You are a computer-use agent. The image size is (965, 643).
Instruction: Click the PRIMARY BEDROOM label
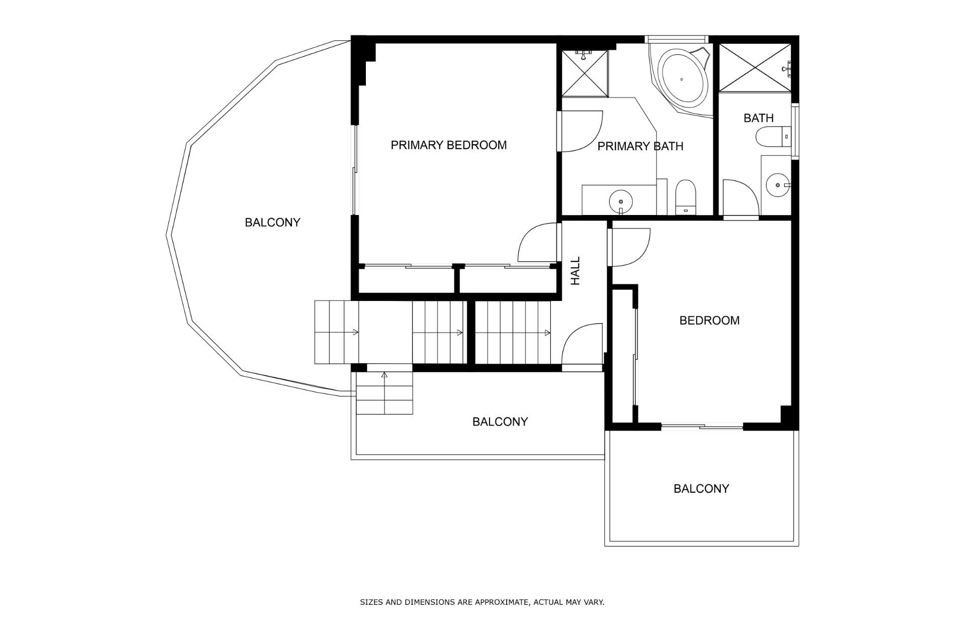(x=449, y=145)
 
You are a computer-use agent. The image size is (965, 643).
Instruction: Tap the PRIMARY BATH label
(x=640, y=146)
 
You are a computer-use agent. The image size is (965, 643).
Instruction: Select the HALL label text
(x=575, y=271)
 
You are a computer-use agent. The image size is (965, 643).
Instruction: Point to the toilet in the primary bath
(x=685, y=196)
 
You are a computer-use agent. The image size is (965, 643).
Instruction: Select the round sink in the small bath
(x=778, y=185)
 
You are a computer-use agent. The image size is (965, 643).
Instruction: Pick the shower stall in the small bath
(x=755, y=68)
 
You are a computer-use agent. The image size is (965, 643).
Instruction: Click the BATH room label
(x=758, y=118)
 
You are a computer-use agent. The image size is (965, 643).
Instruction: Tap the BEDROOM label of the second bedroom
(x=709, y=320)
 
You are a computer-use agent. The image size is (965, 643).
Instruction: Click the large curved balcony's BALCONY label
(x=272, y=223)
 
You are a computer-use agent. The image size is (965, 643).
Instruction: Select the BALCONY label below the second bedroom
(x=701, y=489)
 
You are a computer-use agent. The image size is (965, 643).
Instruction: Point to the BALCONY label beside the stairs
(x=500, y=422)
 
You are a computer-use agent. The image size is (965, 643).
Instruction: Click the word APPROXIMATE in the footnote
(x=502, y=602)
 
